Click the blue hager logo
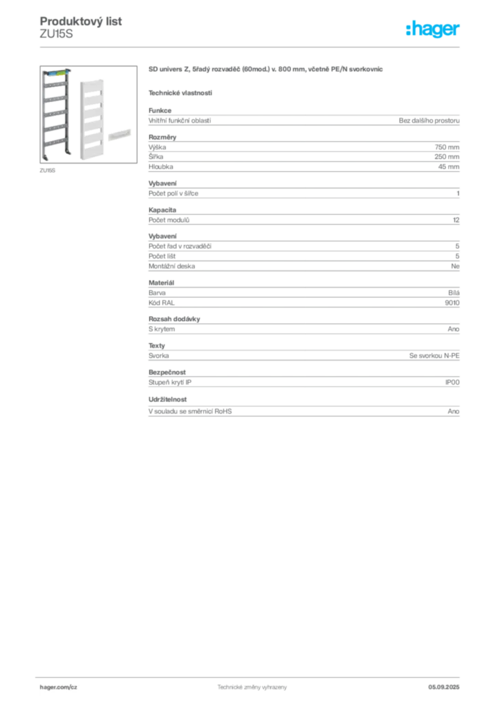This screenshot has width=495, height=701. [x=433, y=30]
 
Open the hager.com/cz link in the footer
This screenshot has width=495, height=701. [x=59, y=687]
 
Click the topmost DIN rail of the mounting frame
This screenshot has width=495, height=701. [x=55, y=88]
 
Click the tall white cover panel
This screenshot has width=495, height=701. [x=89, y=118]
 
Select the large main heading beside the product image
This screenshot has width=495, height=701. [x=268, y=70]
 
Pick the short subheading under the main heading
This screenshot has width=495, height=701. [x=180, y=92]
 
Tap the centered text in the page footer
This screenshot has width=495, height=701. [x=247, y=685]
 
